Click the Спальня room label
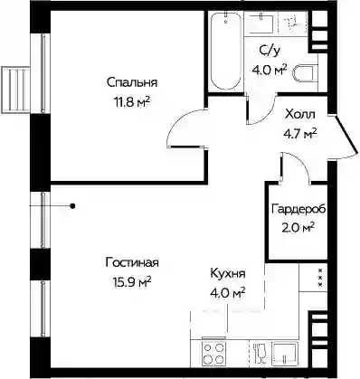pos(132,82)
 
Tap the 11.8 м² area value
pos(132,102)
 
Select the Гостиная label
pos(132,262)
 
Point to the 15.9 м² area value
pos(132,282)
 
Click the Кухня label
pos(228,274)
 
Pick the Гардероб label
pos(298,209)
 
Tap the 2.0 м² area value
pos(298,228)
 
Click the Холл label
pos(299,114)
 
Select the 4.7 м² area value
pos(299,133)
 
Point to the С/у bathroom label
pos(270,51)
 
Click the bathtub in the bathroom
pos(225,51)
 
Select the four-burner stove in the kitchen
pos(213,354)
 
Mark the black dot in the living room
pos(72,206)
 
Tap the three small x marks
pos(320,278)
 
